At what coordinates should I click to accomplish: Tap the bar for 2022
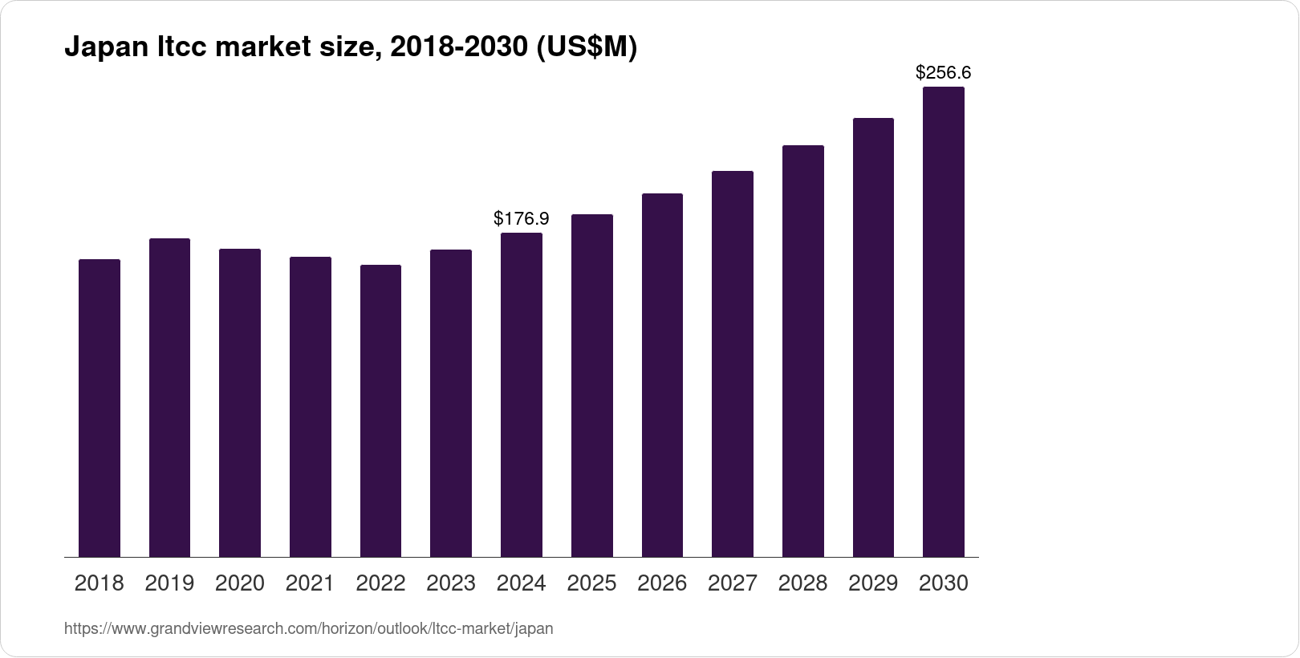[x=380, y=411]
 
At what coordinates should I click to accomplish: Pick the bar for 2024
[x=521, y=395]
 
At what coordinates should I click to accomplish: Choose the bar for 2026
[x=662, y=375]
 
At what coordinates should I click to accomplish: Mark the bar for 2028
[x=802, y=351]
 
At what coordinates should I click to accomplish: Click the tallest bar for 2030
[x=943, y=321]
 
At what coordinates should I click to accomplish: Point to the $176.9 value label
[x=521, y=218]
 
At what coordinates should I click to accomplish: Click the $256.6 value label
[x=943, y=73]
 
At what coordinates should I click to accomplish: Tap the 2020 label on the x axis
[x=239, y=583]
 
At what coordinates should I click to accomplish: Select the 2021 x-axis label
[x=310, y=583]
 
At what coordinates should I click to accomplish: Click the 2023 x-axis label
[x=450, y=583]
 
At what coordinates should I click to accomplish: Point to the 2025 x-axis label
[x=591, y=583]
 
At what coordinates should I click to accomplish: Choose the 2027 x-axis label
[x=732, y=583]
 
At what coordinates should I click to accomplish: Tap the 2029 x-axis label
[x=873, y=583]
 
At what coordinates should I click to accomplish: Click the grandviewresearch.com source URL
[x=308, y=628]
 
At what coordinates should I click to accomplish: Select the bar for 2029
[x=873, y=337]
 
